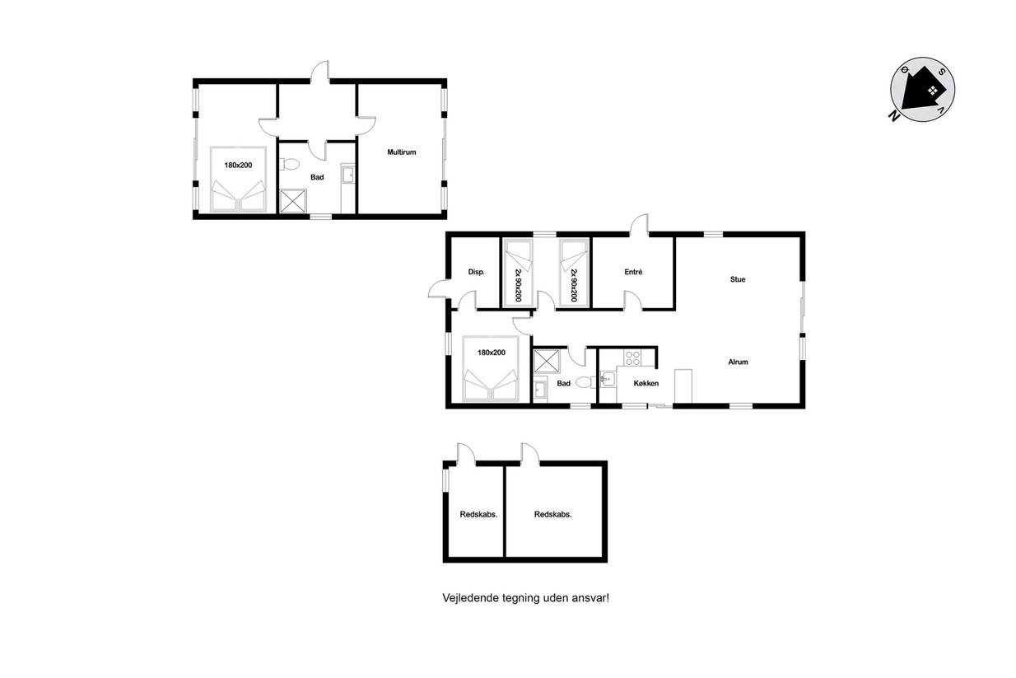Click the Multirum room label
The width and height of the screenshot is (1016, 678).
click(x=402, y=152)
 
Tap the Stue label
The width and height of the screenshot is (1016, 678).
click(x=738, y=279)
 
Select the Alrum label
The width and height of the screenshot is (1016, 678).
click(x=738, y=362)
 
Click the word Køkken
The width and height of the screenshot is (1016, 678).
click(x=645, y=383)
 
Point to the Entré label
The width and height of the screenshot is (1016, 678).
click(x=633, y=272)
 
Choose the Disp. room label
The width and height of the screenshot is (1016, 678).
click(x=476, y=272)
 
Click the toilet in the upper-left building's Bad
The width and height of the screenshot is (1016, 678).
click(x=289, y=164)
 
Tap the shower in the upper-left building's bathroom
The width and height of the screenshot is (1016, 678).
click(x=293, y=201)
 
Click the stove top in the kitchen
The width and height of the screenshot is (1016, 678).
click(x=632, y=358)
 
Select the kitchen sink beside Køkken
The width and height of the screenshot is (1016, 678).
click(x=608, y=378)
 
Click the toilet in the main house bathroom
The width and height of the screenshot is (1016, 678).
click(x=586, y=382)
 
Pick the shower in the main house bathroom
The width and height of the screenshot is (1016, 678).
click(x=547, y=361)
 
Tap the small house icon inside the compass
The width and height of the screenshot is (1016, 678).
click(x=933, y=91)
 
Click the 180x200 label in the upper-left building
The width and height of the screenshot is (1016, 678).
click(x=238, y=166)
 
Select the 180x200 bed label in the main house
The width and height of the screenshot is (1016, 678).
click(x=492, y=353)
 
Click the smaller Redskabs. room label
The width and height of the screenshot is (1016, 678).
click(x=478, y=514)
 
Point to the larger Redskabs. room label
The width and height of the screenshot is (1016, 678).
click(x=553, y=514)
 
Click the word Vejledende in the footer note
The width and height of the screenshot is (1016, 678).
click(x=470, y=598)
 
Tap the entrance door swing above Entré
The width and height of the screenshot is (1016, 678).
click(x=639, y=224)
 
